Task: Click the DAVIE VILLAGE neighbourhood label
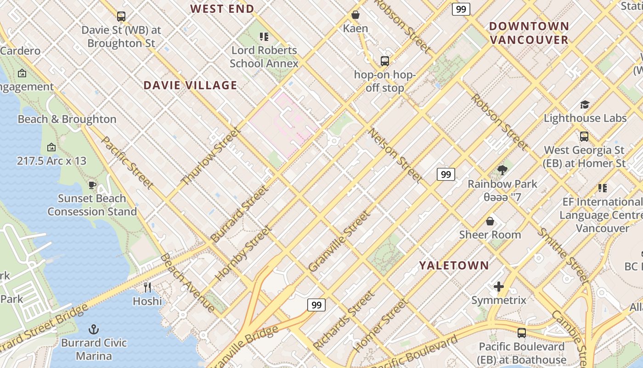190,85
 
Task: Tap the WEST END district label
222,9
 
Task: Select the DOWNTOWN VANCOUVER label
529,33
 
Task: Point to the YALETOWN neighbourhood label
454,265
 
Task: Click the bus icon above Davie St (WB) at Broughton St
121,17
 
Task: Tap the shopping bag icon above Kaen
355,15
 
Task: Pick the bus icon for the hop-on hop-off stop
385,61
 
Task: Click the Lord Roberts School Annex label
264,57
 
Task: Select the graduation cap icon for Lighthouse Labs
585,104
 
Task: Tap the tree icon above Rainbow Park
502,170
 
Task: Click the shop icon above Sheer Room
490,221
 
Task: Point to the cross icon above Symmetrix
499,287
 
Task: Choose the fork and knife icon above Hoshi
147,287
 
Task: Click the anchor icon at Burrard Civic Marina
94,329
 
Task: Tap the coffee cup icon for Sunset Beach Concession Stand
92,185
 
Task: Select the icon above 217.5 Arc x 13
51,147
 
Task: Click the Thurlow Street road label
211,156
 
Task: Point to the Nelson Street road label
395,155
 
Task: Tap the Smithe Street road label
563,256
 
